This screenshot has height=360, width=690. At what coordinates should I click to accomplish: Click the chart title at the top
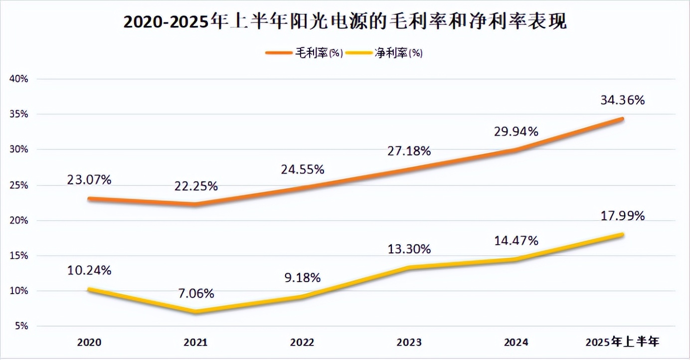click(345, 22)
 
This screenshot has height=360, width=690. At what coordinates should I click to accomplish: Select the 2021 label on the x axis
click(196, 343)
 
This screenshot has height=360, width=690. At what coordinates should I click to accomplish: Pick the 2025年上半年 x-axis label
click(622, 343)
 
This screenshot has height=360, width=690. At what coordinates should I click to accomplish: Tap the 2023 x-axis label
click(409, 343)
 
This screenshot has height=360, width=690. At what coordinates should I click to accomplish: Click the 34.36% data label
click(622, 100)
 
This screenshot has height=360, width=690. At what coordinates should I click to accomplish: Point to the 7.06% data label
click(196, 293)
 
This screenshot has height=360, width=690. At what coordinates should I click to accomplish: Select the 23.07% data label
click(89, 180)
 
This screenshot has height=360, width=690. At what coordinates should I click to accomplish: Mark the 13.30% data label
click(409, 249)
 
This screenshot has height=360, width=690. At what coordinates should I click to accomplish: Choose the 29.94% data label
click(516, 132)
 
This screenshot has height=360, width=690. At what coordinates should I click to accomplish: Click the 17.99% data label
click(622, 216)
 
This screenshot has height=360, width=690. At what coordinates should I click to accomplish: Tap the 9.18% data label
click(302, 278)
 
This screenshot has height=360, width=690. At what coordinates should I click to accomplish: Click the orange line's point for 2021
click(196, 204)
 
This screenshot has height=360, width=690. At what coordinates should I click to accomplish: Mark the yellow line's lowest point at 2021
click(196, 312)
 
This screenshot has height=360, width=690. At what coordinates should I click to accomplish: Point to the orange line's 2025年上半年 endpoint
click(622, 119)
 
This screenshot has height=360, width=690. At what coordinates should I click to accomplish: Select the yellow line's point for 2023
click(409, 267)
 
